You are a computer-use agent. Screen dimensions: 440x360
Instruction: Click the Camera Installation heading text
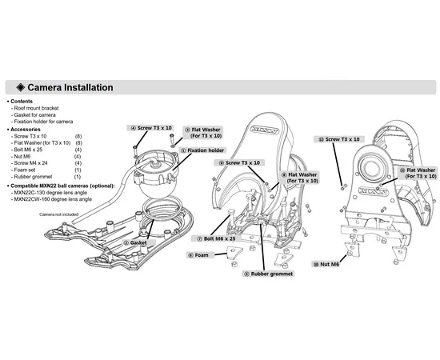pos(70,87)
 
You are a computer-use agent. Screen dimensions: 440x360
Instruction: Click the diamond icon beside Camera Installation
pos(21,87)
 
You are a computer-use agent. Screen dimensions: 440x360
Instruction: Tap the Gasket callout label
pos(135,242)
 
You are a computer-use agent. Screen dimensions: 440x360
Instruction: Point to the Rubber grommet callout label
pos(269,274)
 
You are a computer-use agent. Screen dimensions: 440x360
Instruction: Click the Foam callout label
pos(198,255)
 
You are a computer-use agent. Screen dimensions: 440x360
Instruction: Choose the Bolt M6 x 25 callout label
pos(216,238)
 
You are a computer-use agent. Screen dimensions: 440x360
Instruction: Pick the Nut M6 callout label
pos(326,264)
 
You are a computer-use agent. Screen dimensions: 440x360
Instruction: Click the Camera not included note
pos(58,214)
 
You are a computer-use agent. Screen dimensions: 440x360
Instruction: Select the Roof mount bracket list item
pos(36,108)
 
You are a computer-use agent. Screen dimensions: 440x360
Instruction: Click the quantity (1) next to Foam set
pos(78,170)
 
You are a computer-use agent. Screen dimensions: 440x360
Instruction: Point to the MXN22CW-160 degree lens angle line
pos(53,199)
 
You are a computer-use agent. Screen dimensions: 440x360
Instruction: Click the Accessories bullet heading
pos(26,130)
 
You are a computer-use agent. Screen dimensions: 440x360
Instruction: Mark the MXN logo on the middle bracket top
pos(265,130)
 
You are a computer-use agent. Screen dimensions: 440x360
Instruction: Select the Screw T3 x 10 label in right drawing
pos(339,139)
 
